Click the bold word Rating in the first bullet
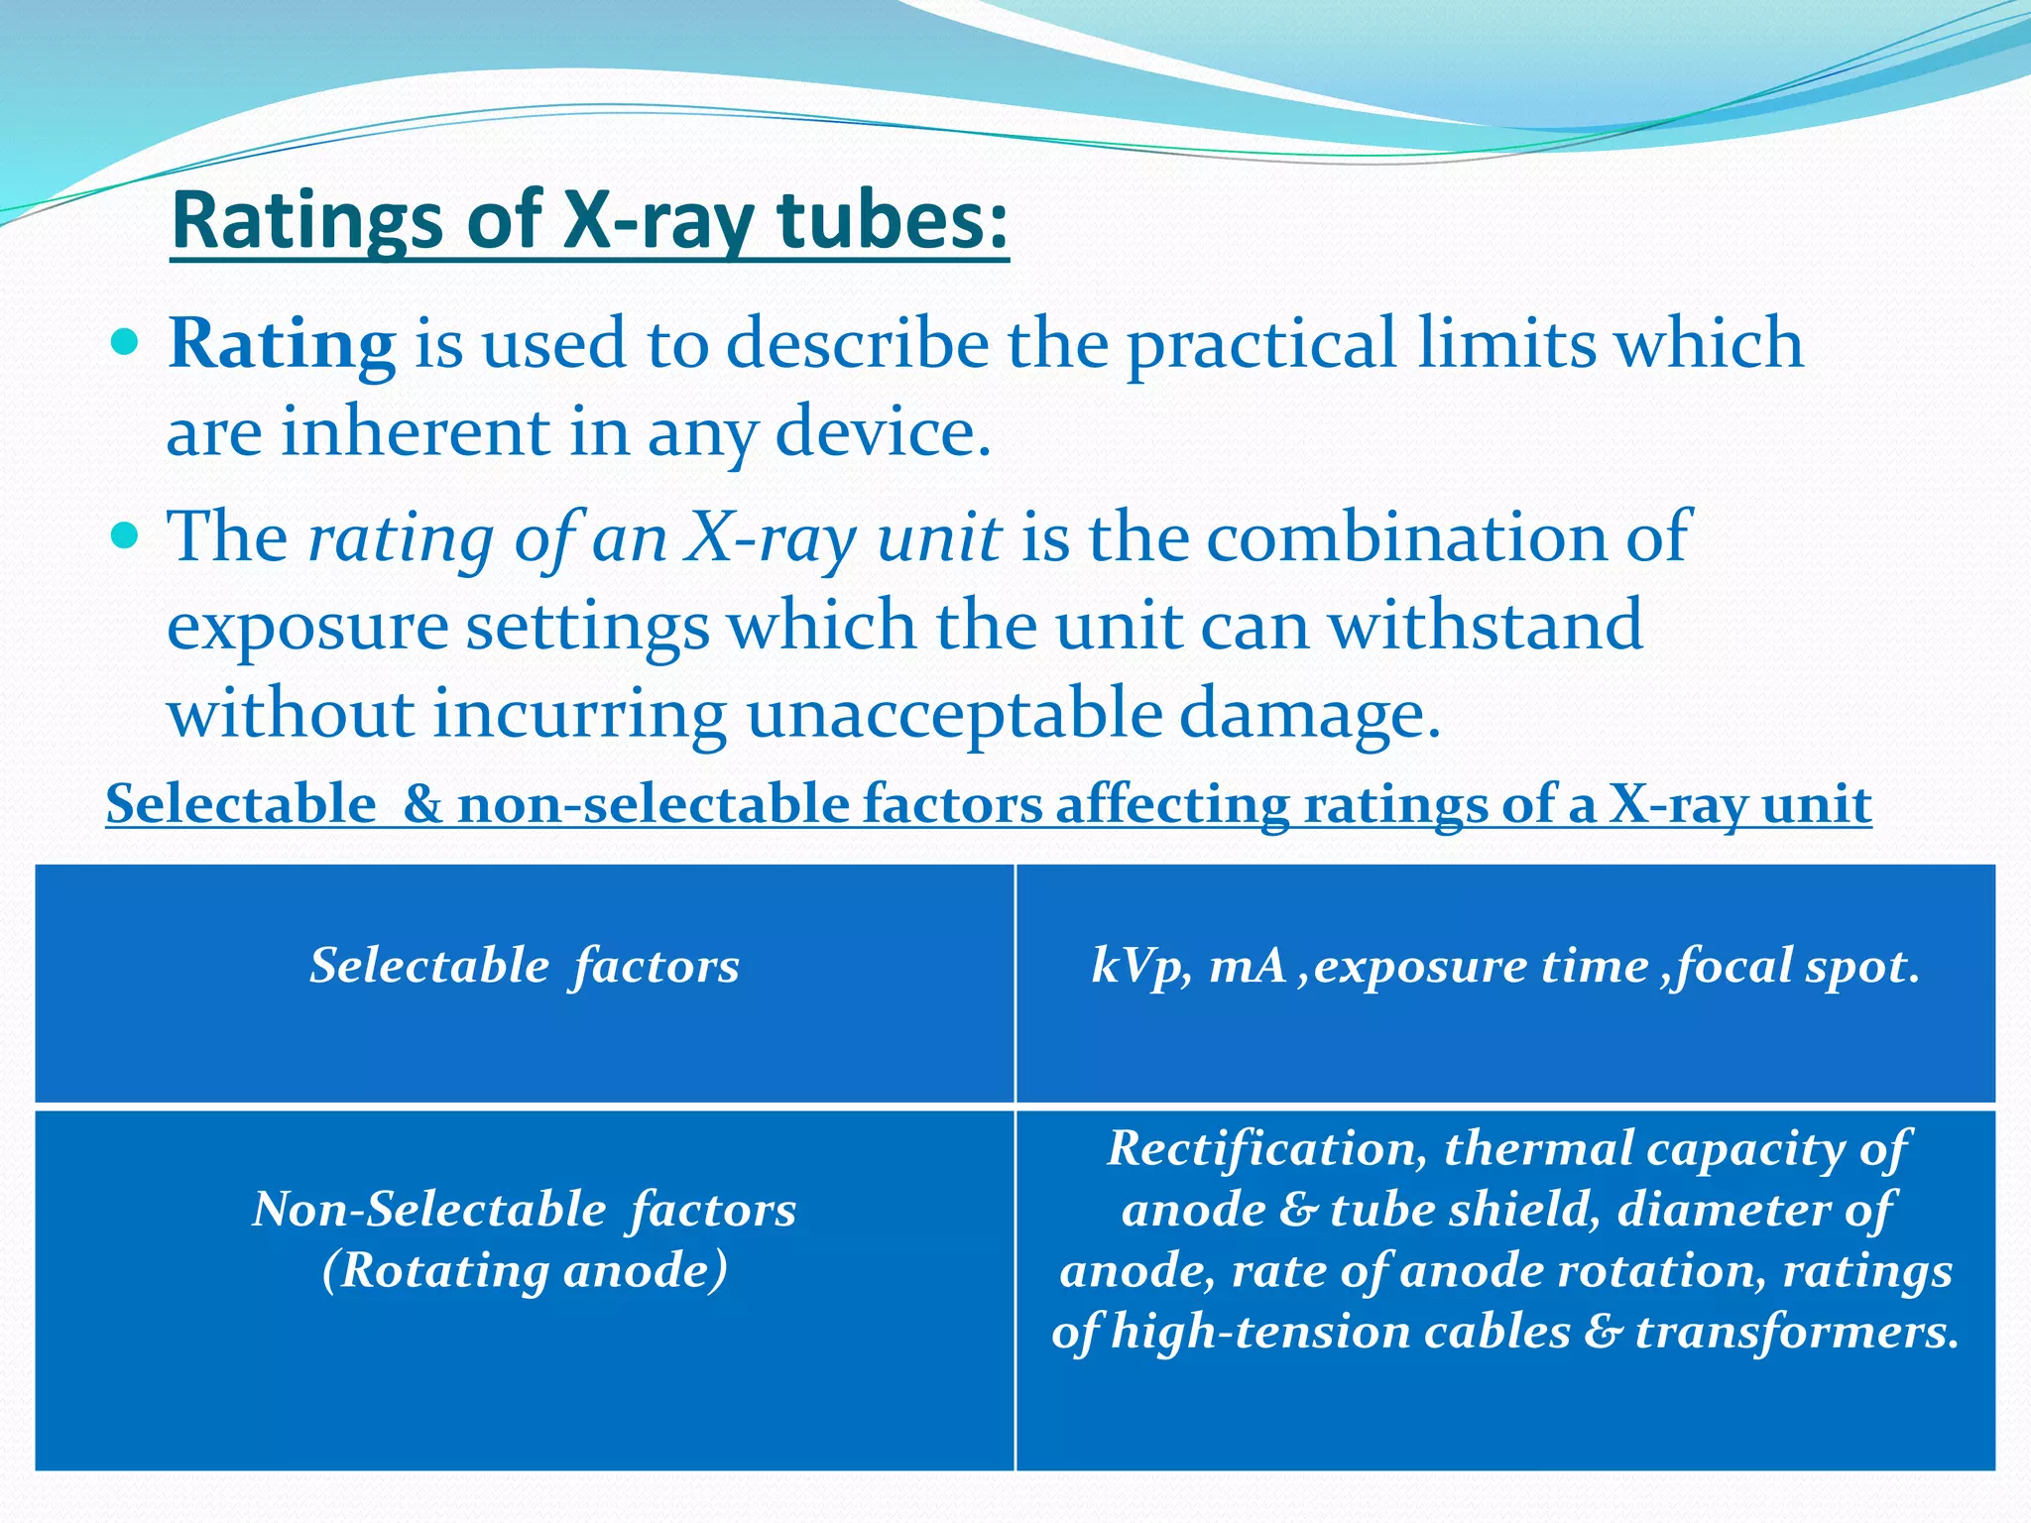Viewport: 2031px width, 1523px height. pyautogui.click(x=283, y=344)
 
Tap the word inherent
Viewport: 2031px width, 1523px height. pyautogui.click(x=415, y=432)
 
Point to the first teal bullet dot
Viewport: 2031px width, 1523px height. pyautogui.click(x=126, y=344)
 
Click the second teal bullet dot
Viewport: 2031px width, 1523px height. pyautogui.click(x=126, y=537)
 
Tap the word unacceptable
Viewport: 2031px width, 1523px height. pyautogui.click(x=954, y=714)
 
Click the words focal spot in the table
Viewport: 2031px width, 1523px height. pyautogui.click(x=1795, y=966)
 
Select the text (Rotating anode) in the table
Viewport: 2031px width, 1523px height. pyautogui.click(x=525, y=1270)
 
